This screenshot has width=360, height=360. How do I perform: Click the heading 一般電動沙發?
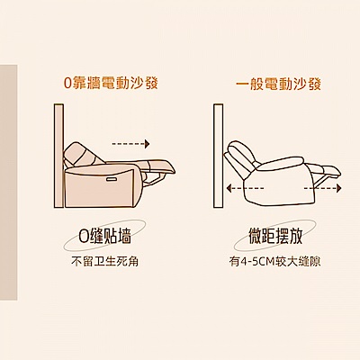(278, 83)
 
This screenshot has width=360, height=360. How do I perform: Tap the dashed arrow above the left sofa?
(130, 144)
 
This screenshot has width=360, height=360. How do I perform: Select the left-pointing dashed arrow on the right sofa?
(245, 188)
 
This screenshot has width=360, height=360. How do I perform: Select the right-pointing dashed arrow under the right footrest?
(322, 188)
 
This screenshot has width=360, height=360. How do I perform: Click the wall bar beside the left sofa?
(58, 156)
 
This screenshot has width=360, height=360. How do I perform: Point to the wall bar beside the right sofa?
(219, 156)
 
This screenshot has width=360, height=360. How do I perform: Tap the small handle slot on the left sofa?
(111, 178)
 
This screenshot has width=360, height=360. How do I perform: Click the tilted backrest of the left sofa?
(80, 155)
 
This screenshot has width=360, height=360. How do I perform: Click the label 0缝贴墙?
(104, 237)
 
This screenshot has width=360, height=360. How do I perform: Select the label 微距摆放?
(275, 236)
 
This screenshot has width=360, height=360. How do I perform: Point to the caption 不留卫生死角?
(104, 262)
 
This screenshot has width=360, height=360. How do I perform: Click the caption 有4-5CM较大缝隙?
(275, 262)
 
